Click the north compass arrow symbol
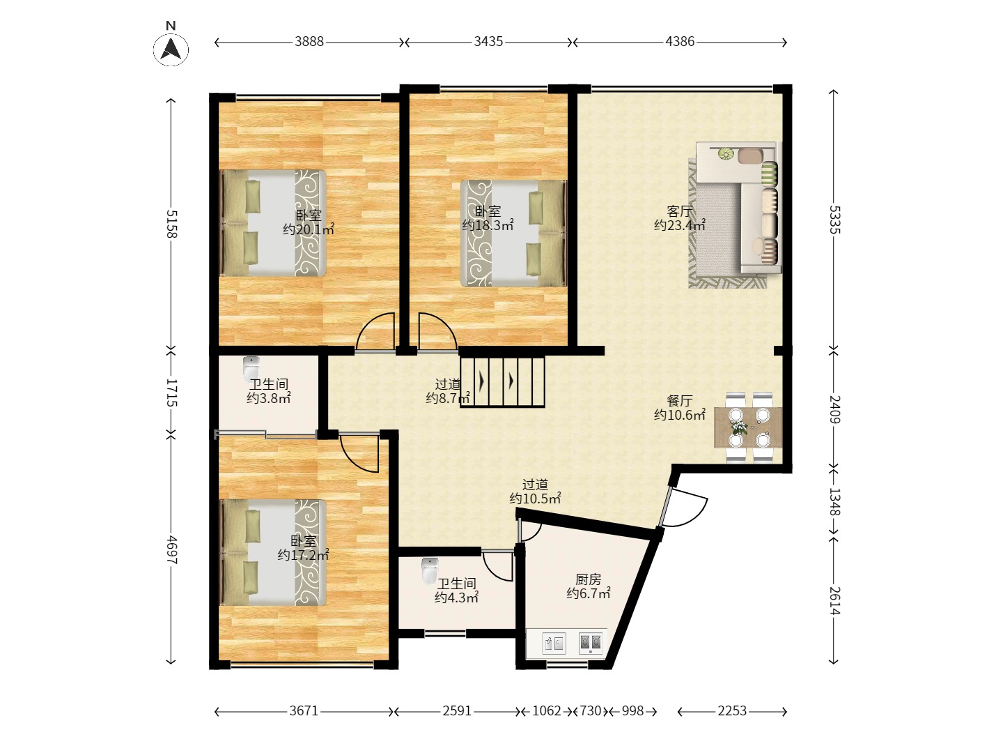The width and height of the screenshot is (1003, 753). tap(171, 50)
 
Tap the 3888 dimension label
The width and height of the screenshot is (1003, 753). tap(309, 42)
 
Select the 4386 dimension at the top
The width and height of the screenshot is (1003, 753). tap(680, 42)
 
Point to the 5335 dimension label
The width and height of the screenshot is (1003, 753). tap(834, 220)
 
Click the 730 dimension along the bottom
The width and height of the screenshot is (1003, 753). tap(591, 711)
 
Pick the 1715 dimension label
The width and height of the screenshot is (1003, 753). tap(171, 393)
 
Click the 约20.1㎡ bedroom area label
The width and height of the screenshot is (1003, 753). tap(309, 229)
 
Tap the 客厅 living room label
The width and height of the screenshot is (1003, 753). tap(679, 211)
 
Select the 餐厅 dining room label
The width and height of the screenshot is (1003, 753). tap(679, 401)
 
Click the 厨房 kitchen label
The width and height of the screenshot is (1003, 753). tap(588, 579)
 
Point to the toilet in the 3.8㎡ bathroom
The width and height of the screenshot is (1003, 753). tap(251, 368)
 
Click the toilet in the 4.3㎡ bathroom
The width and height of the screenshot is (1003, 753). tap(429, 570)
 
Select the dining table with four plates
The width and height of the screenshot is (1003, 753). tap(748, 427)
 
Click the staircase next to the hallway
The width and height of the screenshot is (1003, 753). tap(502, 382)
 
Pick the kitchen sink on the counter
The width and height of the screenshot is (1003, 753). tap(554, 644)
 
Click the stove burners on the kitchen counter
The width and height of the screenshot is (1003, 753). tap(591, 644)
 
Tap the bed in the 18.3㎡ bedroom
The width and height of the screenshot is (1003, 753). tap(513, 233)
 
